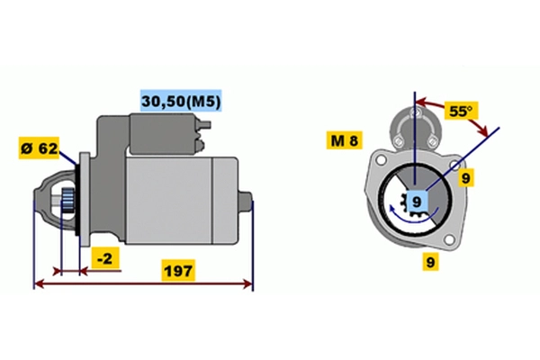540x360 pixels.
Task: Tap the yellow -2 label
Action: click(x=105, y=259)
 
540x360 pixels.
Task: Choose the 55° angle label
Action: click(x=460, y=112)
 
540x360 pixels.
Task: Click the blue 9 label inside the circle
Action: click(x=415, y=201)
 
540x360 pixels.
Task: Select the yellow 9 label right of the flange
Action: click(x=466, y=178)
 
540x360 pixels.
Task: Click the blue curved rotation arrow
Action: click(x=409, y=216)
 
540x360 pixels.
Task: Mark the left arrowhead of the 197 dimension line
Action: click(x=38, y=284)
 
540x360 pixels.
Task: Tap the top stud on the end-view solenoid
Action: click(x=416, y=112)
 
